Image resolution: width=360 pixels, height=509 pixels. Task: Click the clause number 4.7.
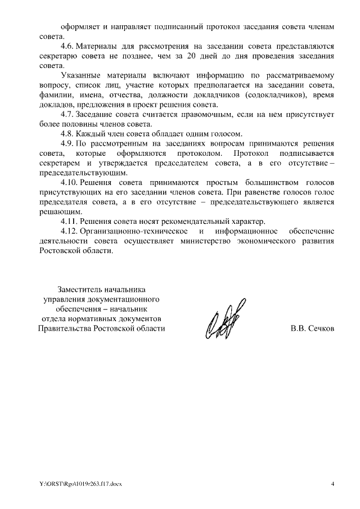tap(67, 115)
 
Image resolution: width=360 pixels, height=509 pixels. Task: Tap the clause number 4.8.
tap(67, 134)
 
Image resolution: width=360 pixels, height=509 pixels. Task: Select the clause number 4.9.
tap(67, 143)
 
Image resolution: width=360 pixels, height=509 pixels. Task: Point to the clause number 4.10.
tap(69, 183)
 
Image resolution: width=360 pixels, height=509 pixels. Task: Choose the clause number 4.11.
tap(69, 222)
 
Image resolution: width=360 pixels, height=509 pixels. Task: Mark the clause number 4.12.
tap(69, 232)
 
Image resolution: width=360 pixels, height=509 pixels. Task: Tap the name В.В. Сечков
tap(312, 328)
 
